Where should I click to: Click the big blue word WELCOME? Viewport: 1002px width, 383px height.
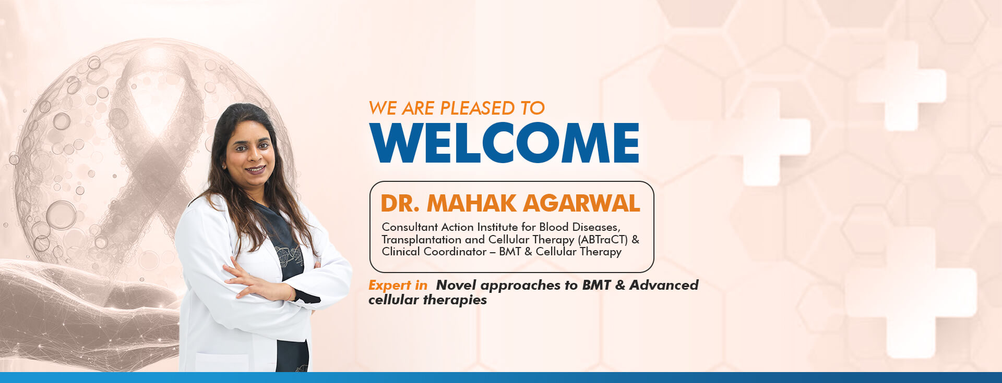click(x=505, y=143)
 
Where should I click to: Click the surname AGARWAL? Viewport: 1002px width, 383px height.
click(x=581, y=203)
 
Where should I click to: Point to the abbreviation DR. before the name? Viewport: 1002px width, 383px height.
click(x=400, y=203)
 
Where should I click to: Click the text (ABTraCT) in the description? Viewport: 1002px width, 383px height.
click(x=603, y=240)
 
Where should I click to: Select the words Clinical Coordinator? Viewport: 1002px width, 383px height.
click(x=434, y=252)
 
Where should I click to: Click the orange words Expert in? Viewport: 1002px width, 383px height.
click(x=398, y=286)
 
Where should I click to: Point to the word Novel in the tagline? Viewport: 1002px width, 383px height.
click(x=456, y=285)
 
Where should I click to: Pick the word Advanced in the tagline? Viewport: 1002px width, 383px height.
click(x=664, y=285)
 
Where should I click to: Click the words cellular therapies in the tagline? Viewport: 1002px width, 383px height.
click(x=427, y=300)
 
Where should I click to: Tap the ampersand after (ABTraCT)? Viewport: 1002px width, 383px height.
click(x=635, y=240)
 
